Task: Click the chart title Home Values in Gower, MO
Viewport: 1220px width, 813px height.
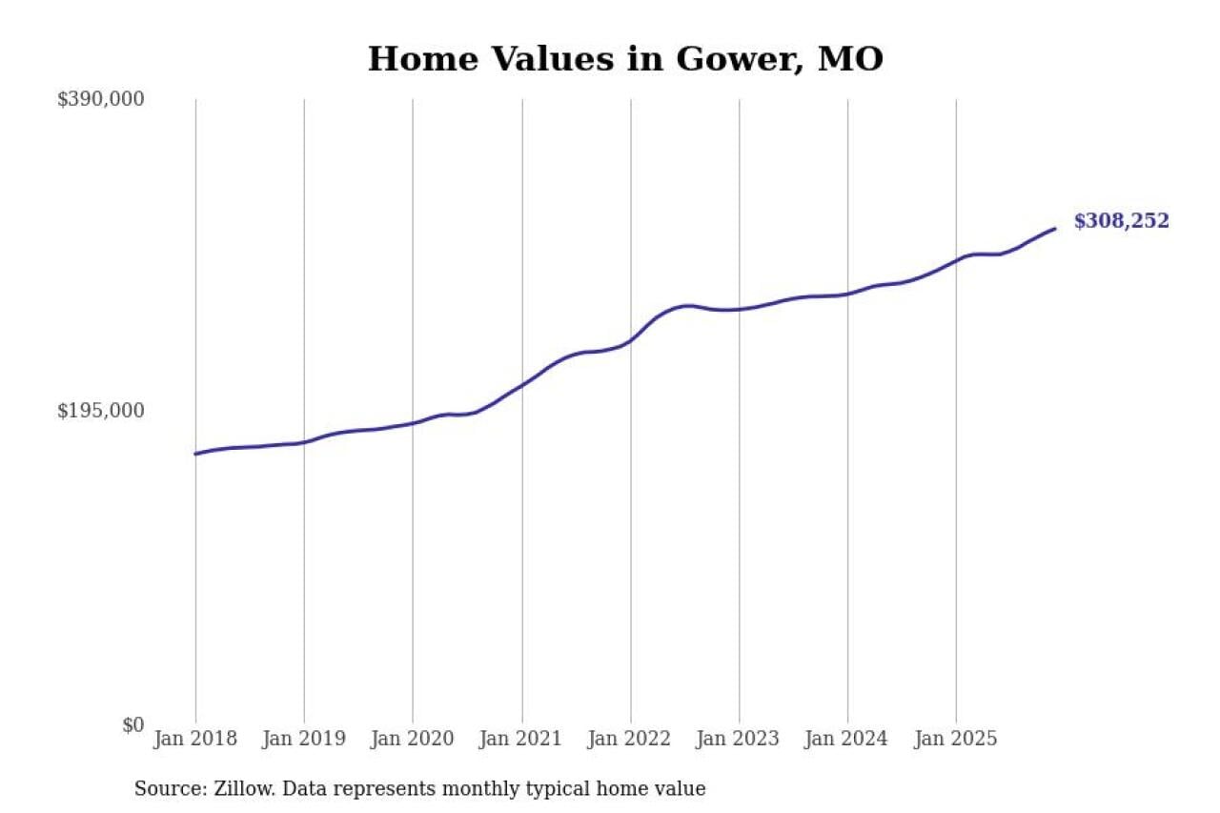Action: pyautogui.click(x=625, y=59)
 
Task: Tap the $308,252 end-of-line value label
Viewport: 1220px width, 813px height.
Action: pyautogui.click(x=1121, y=221)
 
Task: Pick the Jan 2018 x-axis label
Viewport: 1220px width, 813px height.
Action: pyautogui.click(x=195, y=739)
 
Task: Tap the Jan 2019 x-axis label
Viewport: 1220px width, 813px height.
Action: pyautogui.click(x=304, y=739)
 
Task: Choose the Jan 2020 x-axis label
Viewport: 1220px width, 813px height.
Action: pyautogui.click(x=413, y=739)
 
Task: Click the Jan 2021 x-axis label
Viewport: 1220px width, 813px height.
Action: pyautogui.click(x=521, y=739)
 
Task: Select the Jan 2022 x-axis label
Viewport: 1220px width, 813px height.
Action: pyautogui.click(x=630, y=739)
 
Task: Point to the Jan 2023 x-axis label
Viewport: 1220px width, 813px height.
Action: pyautogui.click(x=739, y=739)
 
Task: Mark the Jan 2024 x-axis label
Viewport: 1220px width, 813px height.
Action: pyautogui.click(x=847, y=739)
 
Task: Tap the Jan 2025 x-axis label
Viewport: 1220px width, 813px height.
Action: pyautogui.click(x=956, y=739)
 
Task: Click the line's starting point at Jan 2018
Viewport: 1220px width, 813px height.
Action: pyautogui.click(x=196, y=454)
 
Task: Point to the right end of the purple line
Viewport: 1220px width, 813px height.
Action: pyautogui.click(x=1054, y=229)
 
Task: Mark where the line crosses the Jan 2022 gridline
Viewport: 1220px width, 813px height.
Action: pyautogui.click(x=630, y=339)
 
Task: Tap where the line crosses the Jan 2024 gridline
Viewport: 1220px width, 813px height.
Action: pyautogui.click(x=847, y=294)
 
